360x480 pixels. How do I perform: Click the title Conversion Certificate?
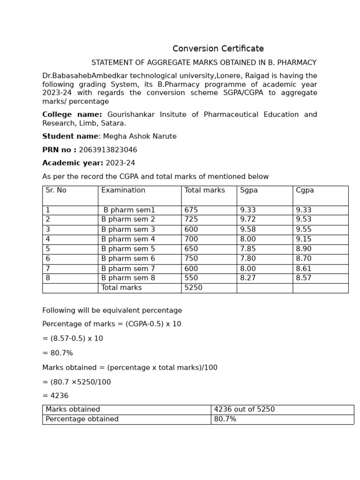tap(218, 49)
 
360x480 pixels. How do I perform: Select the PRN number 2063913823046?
tap(108, 150)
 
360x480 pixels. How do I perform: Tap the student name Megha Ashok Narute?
tap(140, 137)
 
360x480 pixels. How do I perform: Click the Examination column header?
tap(123, 190)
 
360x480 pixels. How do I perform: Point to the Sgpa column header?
tap(249, 190)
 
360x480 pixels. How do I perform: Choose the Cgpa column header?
tap(305, 190)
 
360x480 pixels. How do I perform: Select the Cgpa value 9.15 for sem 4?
tap(303, 240)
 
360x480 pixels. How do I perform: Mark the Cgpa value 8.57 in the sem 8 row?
tap(303, 278)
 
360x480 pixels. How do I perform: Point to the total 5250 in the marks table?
tap(193, 288)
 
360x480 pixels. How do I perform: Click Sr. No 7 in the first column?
tap(48, 269)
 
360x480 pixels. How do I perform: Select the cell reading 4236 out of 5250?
tap(244, 410)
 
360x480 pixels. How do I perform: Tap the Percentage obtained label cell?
tap(82, 420)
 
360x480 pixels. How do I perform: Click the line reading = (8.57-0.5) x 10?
tap(73, 339)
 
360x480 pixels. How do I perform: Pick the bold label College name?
tap(72, 115)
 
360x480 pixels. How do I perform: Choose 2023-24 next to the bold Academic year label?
tap(120, 164)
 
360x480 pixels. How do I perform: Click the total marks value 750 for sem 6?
tap(191, 259)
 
